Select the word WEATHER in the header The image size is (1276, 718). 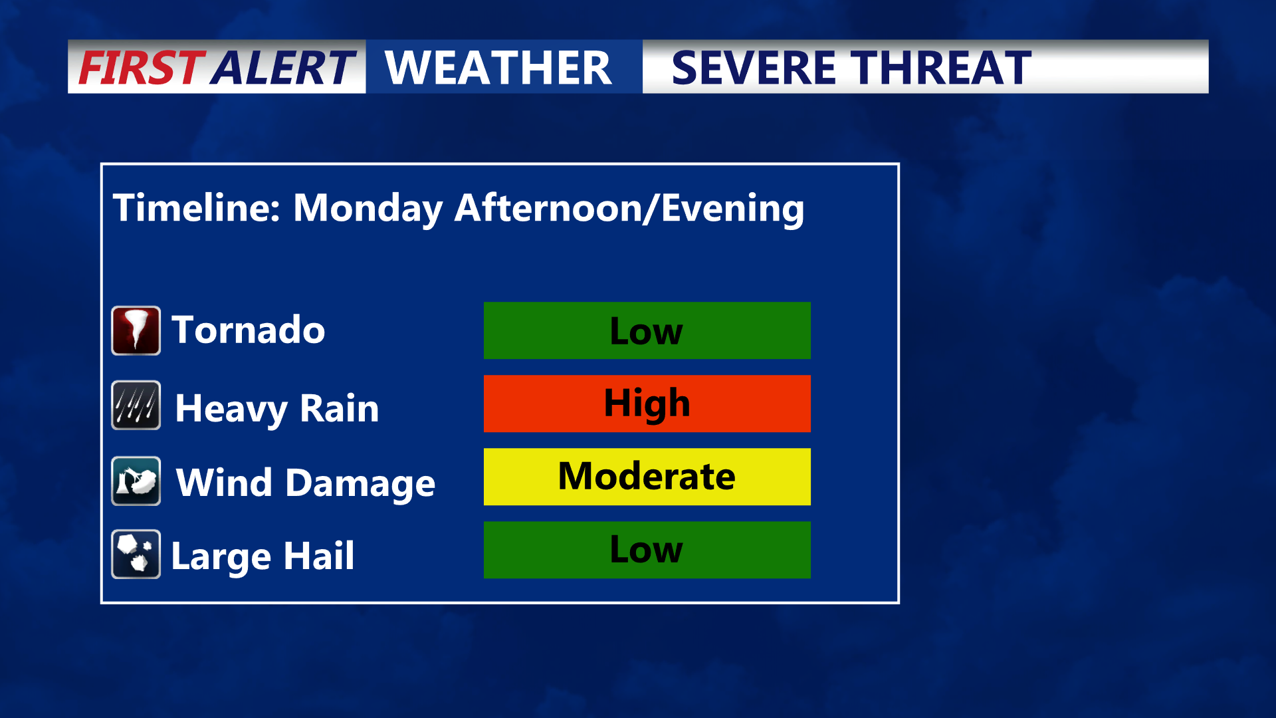[x=498, y=68]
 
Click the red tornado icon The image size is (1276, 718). [x=136, y=330]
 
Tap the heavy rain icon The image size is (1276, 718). [x=136, y=405]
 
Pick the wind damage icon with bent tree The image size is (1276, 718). [x=136, y=481]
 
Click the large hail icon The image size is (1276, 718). [x=136, y=554]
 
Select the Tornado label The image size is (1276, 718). [x=249, y=330]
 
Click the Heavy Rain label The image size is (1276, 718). [x=277, y=409]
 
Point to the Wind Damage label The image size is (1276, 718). [x=306, y=483]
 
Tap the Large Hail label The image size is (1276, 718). [x=263, y=556]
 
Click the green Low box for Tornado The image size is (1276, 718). [x=647, y=330]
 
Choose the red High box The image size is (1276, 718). [x=647, y=404]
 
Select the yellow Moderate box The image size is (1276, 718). [x=647, y=477]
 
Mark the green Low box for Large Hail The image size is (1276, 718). [x=647, y=550]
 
